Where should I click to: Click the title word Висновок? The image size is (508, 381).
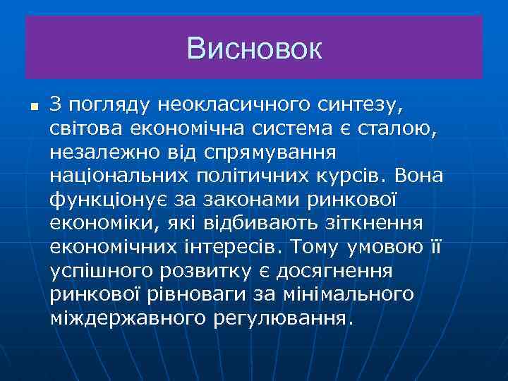point(254,49)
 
